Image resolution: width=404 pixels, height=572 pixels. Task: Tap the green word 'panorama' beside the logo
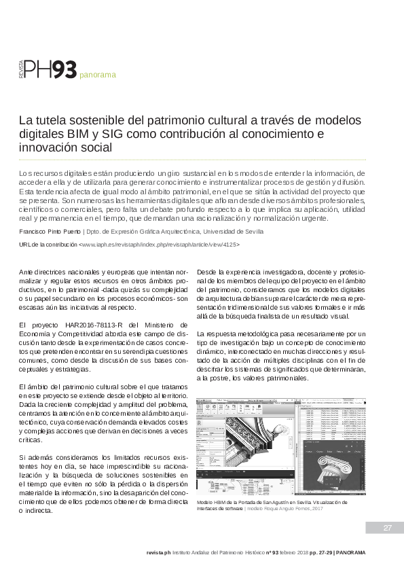[x=98, y=75]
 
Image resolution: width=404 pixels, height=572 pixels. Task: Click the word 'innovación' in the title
[x=44, y=147]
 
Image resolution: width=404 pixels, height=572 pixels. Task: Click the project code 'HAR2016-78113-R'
[x=84, y=325]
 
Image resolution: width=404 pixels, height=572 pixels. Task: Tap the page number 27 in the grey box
[x=388, y=528]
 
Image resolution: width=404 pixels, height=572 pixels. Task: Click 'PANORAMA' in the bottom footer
[x=351, y=552]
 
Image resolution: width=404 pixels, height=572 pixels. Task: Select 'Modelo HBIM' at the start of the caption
[x=213, y=502]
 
